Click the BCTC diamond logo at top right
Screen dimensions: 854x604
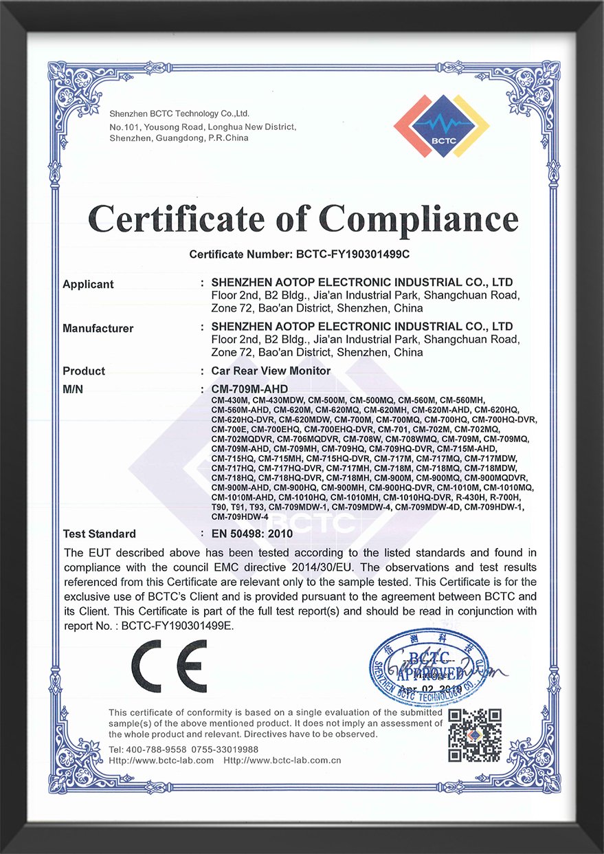coord(441,126)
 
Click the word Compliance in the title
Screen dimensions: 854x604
coord(418,219)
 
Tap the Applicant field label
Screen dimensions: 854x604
coord(88,284)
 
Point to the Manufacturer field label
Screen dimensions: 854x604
coord(98,328)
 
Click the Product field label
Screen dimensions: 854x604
coord(84,371)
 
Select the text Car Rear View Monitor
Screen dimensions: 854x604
coord(271,371)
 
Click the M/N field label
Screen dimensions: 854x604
coord(73,388)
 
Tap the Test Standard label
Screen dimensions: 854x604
coord(99,534)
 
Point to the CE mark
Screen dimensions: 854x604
coord(169,666)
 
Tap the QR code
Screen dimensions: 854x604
coord(475,735)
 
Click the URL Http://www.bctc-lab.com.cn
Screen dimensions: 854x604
coord(282,760)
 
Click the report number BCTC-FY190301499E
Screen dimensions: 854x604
coord(177,626)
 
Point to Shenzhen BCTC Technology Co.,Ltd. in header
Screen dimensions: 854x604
coord(179,113)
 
